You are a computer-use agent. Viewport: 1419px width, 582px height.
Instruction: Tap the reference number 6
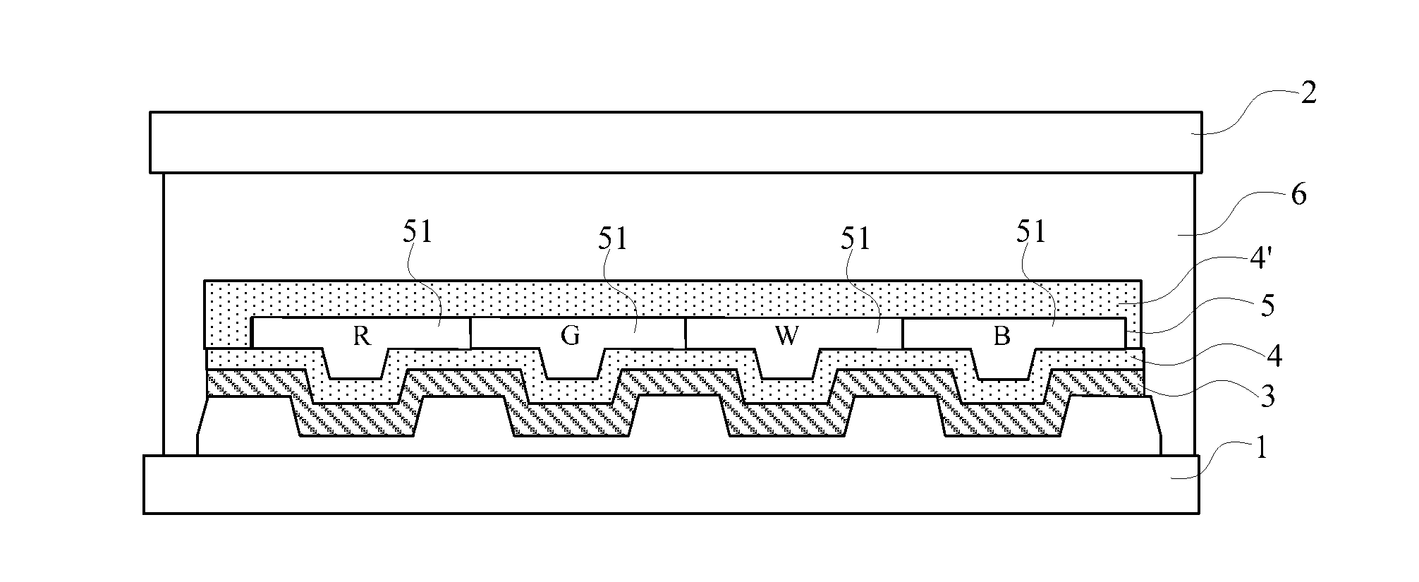(1298, 195)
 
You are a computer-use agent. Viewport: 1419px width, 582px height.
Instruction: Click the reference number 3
(1267, 398)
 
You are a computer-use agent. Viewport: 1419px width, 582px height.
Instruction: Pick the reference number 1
(1262, 449)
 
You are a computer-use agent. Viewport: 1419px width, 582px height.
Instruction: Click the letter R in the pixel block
(362, 337)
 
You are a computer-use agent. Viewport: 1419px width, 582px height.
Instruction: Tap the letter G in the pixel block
(570, 336)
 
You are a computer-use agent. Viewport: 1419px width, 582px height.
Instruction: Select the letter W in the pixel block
(786, 337)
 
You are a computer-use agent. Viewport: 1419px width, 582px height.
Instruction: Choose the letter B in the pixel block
(1001, 337)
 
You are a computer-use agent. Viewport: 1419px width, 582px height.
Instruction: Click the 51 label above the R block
(418, 234)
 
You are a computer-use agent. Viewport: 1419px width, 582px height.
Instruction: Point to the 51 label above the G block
(612, 239)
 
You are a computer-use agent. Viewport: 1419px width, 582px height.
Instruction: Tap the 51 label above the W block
(855, 239)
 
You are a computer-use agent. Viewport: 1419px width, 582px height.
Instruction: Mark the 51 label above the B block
(1031, 232)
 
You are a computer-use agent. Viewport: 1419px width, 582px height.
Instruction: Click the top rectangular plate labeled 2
(676, 142)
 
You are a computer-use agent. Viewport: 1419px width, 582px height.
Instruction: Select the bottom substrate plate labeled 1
(671, 485)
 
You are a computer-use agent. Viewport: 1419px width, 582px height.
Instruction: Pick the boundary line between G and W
(685, 333)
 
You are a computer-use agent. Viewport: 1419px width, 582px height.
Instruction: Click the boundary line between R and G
(470, 333)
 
